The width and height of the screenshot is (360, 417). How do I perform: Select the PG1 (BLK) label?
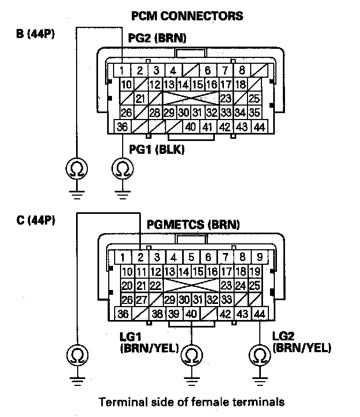pos(156,150)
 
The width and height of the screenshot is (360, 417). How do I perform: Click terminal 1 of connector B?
pos(123,70)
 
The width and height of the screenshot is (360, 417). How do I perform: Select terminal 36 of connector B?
pos(123,127)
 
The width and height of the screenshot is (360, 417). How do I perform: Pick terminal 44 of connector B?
pos(259,127)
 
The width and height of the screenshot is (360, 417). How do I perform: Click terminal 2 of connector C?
pos(140,257)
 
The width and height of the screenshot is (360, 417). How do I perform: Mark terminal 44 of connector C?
pos(259,314)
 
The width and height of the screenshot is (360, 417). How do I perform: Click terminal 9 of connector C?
pos(259,257)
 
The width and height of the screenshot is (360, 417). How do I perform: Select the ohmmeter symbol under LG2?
pos(260,355)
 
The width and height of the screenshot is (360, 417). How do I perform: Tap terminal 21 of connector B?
pos(140,99)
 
